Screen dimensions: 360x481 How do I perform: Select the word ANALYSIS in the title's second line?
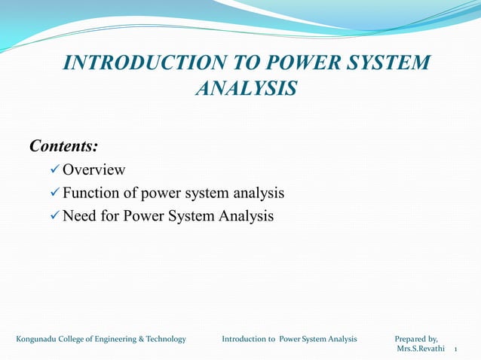(246, 89)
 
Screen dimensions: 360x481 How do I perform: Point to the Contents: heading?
(64, 145)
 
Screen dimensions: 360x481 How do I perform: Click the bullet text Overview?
(93, 169)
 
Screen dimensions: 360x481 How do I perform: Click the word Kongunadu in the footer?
(38, 339)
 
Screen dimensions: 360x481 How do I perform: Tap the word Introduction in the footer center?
(243, 339)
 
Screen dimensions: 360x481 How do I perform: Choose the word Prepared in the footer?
(414, 339)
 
